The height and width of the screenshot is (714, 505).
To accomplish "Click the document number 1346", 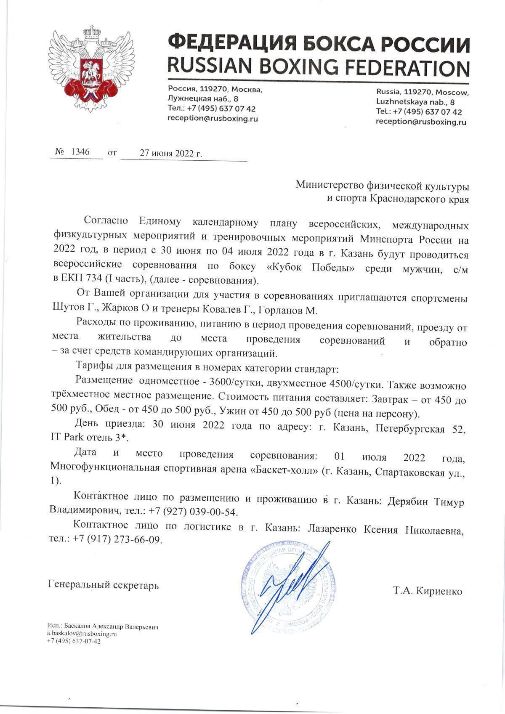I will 80,152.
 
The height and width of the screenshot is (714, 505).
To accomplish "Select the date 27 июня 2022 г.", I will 171,153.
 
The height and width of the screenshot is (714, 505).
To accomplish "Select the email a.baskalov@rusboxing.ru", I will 82,633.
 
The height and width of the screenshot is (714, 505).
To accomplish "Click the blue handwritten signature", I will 290,585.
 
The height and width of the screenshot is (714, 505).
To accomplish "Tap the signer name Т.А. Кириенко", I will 428,591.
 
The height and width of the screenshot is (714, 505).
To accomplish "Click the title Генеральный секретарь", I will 104,585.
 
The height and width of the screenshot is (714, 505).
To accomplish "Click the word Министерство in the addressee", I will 328,185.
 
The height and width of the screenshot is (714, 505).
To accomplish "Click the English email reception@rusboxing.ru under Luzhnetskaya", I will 421,122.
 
